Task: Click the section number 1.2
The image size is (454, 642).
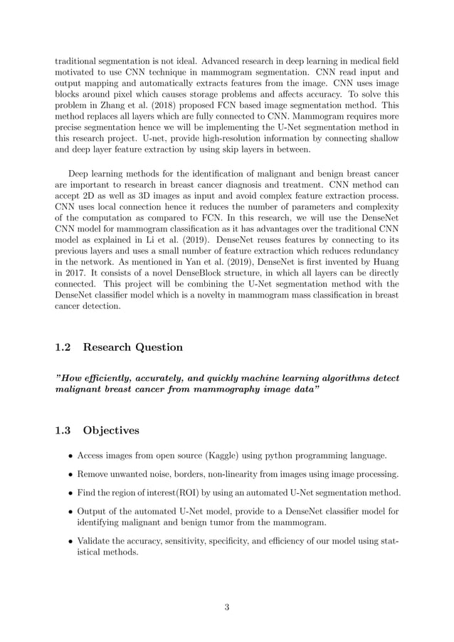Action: coord(63,347)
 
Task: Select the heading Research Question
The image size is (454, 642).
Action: coord(133,347)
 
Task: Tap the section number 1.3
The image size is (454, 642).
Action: coord(63,430)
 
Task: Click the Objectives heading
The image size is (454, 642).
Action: coord(111,430)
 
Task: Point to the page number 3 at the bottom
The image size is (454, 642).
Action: coord(226,607)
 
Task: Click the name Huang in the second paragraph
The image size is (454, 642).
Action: coord(383,264)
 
